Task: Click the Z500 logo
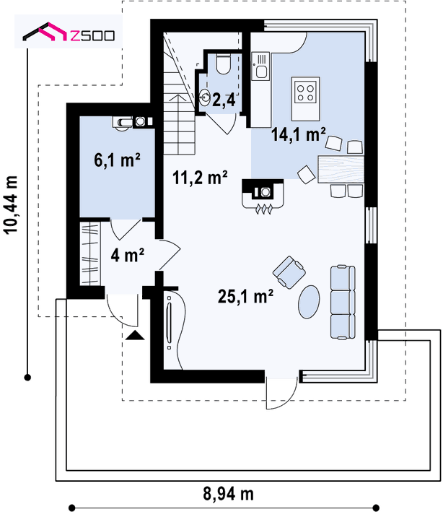pos(69,32)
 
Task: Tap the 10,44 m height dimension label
pos(11,205)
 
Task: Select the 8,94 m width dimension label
pos(228,494)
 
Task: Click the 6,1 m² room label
pos(117,160)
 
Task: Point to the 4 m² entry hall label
pos(127,255)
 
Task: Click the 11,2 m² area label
pos(200,178)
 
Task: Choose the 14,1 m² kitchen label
pos(298,134)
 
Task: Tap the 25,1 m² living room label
pos(245,297)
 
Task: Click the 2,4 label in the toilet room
pos(224,100)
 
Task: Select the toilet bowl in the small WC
pos(224,64)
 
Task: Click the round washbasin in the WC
pos(205,97)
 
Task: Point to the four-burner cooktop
pos(305,92)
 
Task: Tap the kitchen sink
pos(260,66)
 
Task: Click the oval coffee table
pos(309,302)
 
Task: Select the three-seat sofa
pos(343,302)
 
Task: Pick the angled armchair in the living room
pos(289,273)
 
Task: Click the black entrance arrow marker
pos(135,335)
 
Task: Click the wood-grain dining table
pos(341,170)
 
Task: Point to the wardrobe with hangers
pos(89,253)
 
